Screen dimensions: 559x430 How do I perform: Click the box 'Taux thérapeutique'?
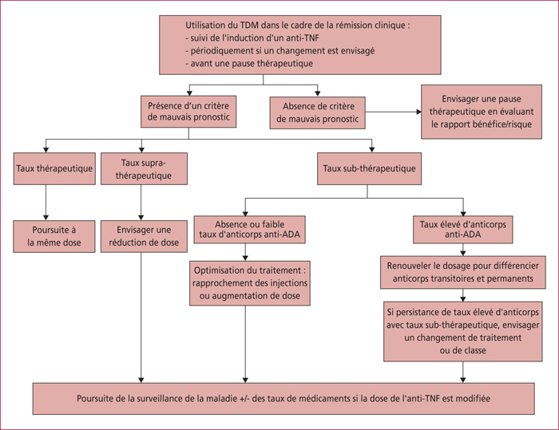coord(54,168)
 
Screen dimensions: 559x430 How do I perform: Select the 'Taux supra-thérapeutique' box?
coord(144,168)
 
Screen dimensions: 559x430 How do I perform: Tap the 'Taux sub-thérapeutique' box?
coord(369,168)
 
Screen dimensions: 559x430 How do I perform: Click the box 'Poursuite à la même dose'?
coord(54,236)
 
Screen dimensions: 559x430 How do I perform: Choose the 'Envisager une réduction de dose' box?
coord(144,236)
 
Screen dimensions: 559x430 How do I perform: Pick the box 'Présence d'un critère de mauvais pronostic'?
coord(188,112)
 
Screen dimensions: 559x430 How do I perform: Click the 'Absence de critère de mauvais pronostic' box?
coord(318,112)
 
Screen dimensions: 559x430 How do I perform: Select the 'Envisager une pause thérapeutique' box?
coord(482,112)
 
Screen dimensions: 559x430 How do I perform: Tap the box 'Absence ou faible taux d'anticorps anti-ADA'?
coord(249,230)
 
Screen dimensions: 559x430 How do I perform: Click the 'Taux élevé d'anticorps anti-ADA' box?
coord(463,230)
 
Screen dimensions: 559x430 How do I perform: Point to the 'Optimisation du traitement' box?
coord(250,283)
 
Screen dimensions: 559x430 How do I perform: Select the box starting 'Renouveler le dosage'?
coord(463,272)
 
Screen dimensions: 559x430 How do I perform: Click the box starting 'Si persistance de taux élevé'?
coord(463,331)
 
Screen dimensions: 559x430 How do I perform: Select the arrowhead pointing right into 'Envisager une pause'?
coord(419,112)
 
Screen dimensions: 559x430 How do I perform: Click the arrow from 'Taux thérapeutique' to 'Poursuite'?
coord(46,203)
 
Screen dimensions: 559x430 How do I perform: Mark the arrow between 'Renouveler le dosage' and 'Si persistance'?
coord(462,295)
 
